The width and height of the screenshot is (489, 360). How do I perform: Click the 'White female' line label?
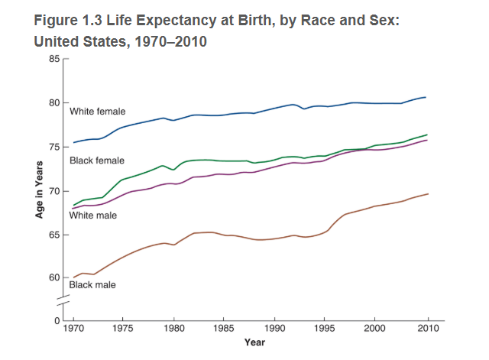coord(97,112)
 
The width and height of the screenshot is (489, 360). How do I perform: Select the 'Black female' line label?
coord(97,161)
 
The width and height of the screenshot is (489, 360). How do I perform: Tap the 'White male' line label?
coord(92,216)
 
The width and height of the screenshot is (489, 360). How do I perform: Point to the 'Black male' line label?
coord(92,285)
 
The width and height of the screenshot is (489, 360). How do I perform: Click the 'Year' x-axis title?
coord(254,342)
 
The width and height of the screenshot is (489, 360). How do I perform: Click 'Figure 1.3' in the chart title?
coord(70,19)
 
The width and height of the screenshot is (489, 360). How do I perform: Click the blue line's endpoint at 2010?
coord(426,97)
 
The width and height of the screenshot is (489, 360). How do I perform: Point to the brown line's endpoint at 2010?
coord(428,193)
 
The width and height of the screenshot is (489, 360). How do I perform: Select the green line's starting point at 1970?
coord(73,205)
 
